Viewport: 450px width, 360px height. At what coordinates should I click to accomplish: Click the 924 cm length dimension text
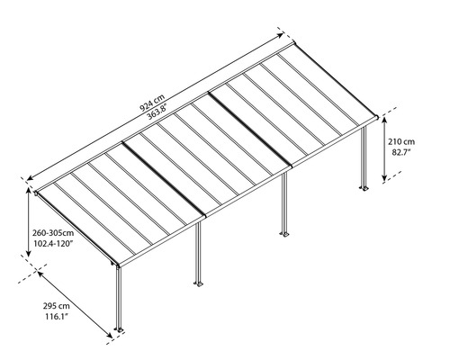coord(154,101)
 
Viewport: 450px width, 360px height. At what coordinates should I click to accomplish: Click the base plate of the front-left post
coord(119,337)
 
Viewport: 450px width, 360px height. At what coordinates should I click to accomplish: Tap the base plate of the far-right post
coord(364,189)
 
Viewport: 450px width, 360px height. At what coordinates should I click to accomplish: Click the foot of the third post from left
coord(284,236)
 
